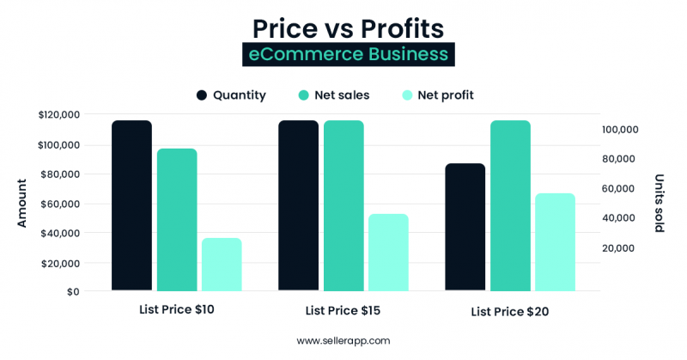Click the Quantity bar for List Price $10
[x=131, y=206]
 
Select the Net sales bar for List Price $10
[x=177, y=220]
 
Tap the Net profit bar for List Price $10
[x=222, y=265]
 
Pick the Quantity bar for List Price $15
[x=298, y=206]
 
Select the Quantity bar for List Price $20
[x=465, y=228]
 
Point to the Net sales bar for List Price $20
[x=510, y=206]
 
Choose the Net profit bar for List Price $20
[x=555, y=242]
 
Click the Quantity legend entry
[x=231, y=95]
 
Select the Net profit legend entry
[x=437, y=95]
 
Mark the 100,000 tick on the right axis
[x=620, y=130]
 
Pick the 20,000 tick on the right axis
[x=623, y=248]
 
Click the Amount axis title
[x=22, y=203]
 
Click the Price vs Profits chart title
[x=347, y=27]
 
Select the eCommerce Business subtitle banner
[x=347, y=54]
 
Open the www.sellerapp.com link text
[x=343, y=341]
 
